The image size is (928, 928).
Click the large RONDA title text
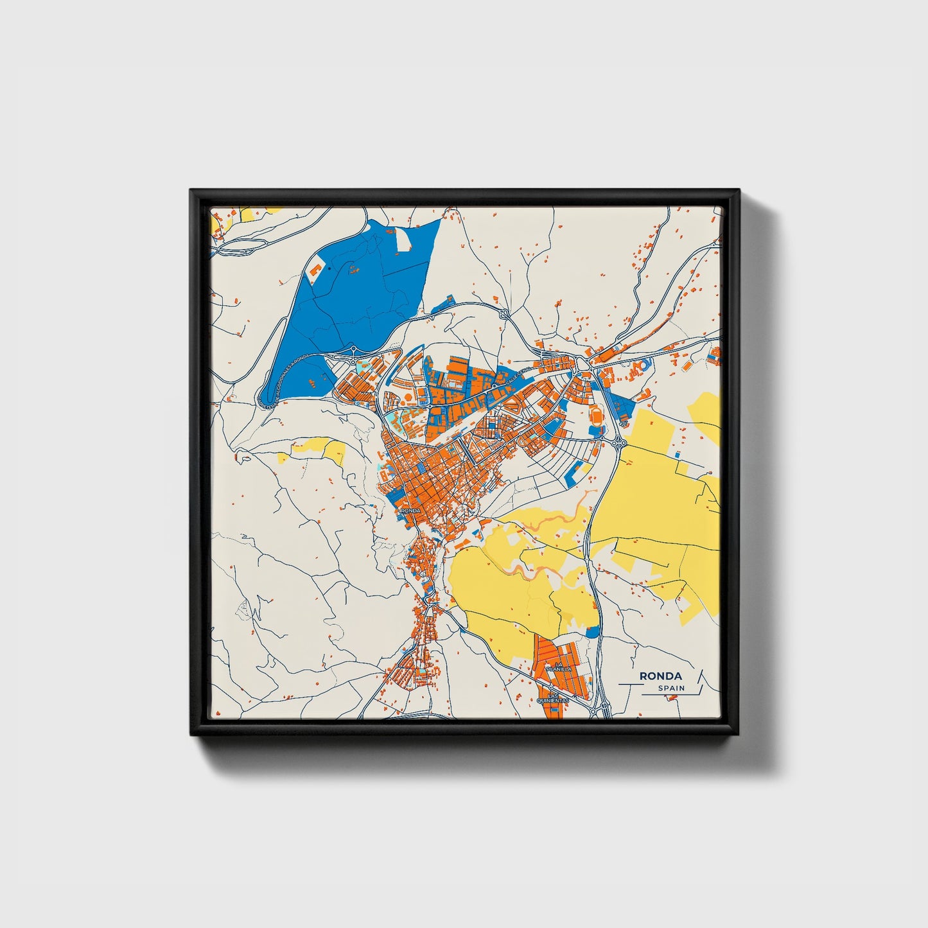tap(660, 676)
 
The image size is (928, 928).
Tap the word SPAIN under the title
tap(670, 688)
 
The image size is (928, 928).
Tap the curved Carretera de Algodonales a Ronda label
tap(283, 379)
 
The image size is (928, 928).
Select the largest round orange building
tap(645, 364)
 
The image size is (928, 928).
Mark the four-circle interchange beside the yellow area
tap(618, 442)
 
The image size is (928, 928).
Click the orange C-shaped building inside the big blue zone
tap(316, 269)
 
